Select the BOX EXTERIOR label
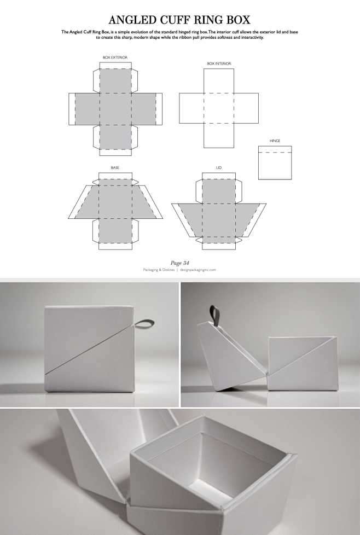pyautogui.click(x=115, y=58)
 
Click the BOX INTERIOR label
pyautogui.click(x=219, y=64)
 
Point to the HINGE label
pyautogui.click(x=275, y=141)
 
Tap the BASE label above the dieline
pyautogui.click(x=115, y=167)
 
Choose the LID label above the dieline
pyautogui.click(x=219, y=167)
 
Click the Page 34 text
pyautogui.click(x=181, y=264)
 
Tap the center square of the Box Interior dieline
pyautogui.click(x=219, y=108)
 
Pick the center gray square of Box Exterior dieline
pyautogui.click(x=115, y=108)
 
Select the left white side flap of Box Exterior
pyautogui.click(x=72, y=108)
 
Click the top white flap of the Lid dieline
pyautogui.click(x=219, y=176)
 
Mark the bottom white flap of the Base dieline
pyautogui.click(x=115, y=245)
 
